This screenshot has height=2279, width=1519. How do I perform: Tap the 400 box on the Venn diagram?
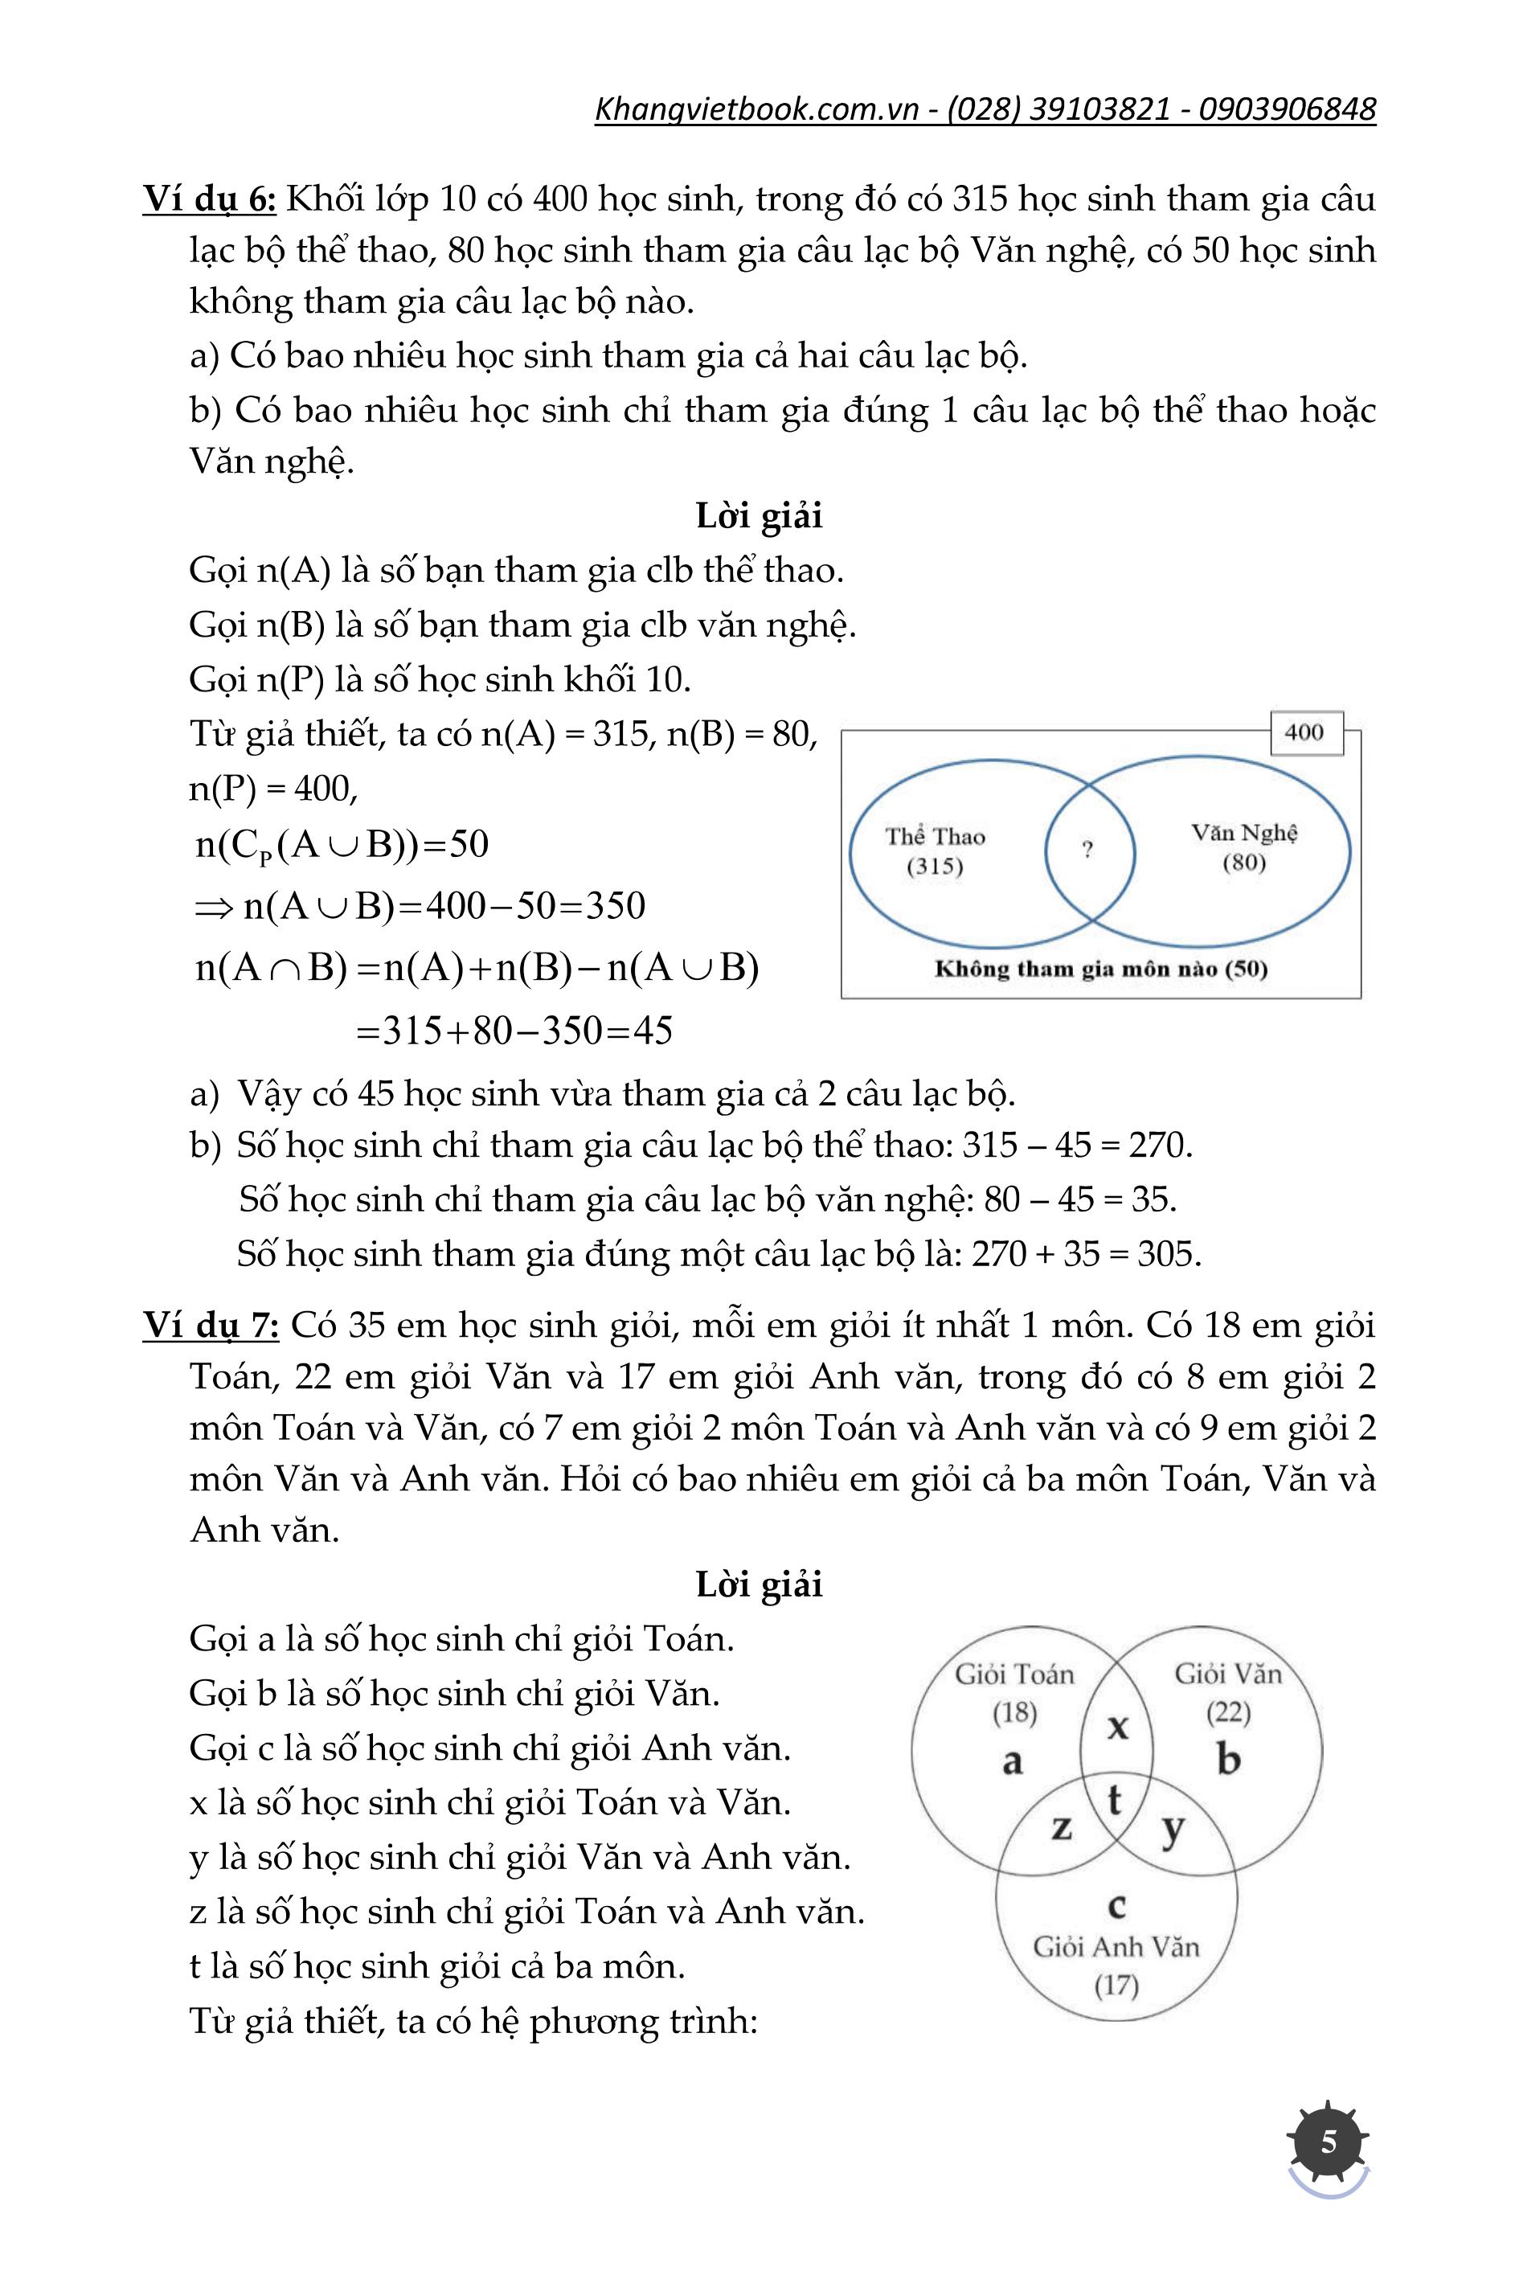(1304, 732)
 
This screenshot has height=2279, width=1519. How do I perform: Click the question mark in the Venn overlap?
(1088, 850)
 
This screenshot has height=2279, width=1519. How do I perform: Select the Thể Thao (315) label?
(935, 851)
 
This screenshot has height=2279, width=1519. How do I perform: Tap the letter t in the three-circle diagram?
(1114, 1801)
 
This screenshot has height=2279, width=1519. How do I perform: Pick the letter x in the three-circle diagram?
(1118, 1725)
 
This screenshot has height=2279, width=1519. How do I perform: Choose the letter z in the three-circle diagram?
(1062, 1827)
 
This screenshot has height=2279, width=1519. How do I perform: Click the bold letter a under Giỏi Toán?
(1013, 1760)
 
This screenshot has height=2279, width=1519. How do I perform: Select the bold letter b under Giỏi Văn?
(1228, 1758)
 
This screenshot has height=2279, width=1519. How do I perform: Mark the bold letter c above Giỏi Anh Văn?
(1117, 1905)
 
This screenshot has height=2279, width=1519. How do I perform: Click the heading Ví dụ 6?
(211, 199)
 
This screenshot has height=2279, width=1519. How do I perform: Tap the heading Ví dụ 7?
(211, 1325)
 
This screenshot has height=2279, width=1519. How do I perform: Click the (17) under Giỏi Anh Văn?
(1116, 1986)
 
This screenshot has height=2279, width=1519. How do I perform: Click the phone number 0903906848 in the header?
(1287, 109)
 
